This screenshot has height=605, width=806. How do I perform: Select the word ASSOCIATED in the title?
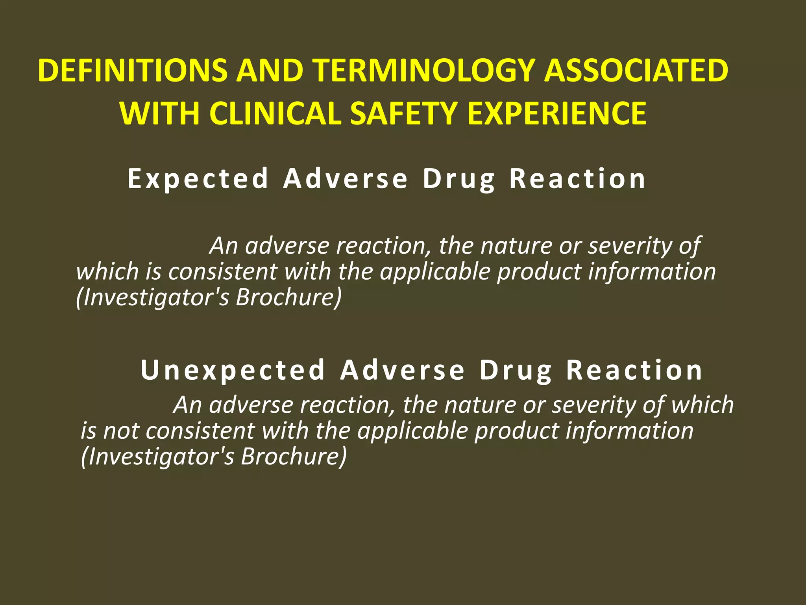pos(636,71)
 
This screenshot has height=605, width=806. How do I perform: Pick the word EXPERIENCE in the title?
pos(557,114)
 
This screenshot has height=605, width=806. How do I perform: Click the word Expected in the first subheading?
pos(198,179)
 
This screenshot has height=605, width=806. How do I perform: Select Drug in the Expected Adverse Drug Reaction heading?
pos(459,180)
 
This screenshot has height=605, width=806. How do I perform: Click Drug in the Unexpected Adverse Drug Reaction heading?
pos(516,371)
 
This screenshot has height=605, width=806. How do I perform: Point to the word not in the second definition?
pos(121,431)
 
